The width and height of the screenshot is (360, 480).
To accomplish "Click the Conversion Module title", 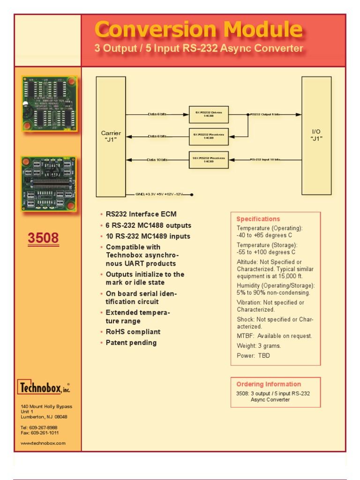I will click(x=198, y=30).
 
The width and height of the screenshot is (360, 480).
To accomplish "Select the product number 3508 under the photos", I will click(x=43, y=238).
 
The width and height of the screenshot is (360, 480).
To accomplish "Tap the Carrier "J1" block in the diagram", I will click(x=111, y=136).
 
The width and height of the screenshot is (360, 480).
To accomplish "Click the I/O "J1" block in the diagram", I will click(x=316, y=135).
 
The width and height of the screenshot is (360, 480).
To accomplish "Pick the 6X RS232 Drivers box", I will click(x=209, y=114).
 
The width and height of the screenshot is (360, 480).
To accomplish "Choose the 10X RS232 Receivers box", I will click(x=209, y=160).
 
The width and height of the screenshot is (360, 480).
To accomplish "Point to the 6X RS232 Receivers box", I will click(x=209, y=136).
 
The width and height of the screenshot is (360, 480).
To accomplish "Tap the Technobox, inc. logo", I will click(x=44, y=388).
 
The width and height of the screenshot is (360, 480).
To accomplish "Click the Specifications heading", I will click(x=258, y=219).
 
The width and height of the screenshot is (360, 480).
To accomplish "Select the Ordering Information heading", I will click(x=268, y=384).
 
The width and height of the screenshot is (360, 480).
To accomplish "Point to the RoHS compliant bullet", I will click(x=133, y=332).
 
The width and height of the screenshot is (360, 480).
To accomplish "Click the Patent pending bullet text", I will click(x=131, y=343).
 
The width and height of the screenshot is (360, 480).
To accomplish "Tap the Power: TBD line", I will click(x=253, y=356).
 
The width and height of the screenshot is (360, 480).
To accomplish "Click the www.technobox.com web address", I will click(x=43, y=443).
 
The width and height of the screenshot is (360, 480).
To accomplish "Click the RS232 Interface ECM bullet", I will click(x=141, y=214).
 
